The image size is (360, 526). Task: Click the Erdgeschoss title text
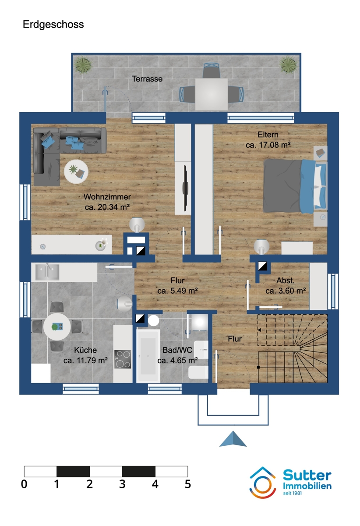click(53, 25)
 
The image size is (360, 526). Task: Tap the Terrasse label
click(147, 79)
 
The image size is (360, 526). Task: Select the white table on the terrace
click(211, 94)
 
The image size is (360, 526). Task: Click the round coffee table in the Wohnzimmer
click(76, 171)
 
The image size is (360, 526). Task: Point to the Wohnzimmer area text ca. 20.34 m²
click(107, 206)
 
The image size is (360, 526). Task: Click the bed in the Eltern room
click(294, 185)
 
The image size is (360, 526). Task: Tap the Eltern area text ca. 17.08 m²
click(268, 144)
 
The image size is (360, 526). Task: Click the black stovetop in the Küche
click(122, 359)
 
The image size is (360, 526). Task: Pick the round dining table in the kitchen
click(57, 327)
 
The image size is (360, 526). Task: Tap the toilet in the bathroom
click(198, 373)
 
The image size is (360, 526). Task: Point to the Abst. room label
click(285, 281)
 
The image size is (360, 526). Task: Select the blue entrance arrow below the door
click(233, 439)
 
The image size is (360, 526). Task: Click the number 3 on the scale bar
click(122, 484)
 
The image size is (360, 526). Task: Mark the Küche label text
click(85, 350)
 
